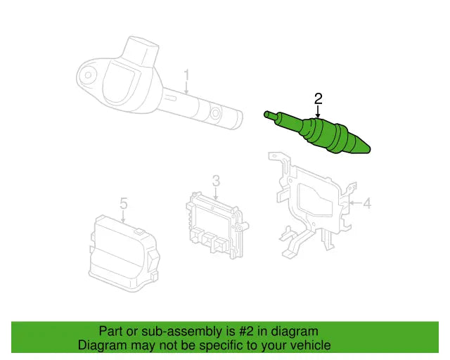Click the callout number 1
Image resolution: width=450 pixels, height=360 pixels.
187,75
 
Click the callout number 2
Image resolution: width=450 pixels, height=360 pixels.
318,98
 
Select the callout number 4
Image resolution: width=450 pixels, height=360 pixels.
366,204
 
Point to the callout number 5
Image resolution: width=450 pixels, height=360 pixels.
123,203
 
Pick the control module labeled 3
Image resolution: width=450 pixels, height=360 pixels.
214,221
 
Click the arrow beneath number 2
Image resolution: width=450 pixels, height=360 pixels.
318,111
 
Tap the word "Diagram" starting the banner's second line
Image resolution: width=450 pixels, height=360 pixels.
102,345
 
